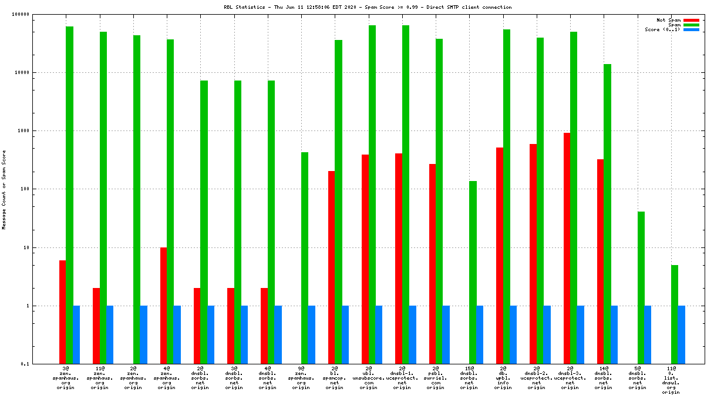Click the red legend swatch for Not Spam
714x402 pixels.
[x=691, y=20]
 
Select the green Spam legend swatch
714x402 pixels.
[x=691, y=25]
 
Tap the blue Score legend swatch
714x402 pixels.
[x=691, y=29]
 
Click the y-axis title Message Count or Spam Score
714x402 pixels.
[x=4, y=189]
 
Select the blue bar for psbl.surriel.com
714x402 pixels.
[x=446, y=334]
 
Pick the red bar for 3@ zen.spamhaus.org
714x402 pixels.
[x=62, y=311]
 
